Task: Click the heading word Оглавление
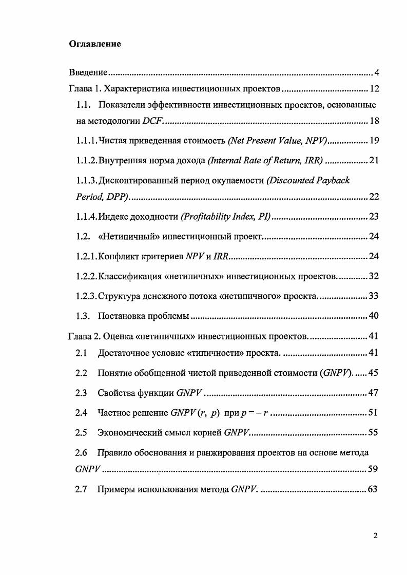tap(95, 44)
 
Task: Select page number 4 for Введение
tap(376, 72)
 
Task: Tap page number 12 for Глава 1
tap(374, 89)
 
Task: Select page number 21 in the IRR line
tap(374, 161)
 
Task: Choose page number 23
tap(374, 217)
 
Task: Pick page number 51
tap(374, 413)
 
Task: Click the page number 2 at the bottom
tap(376, 535)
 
